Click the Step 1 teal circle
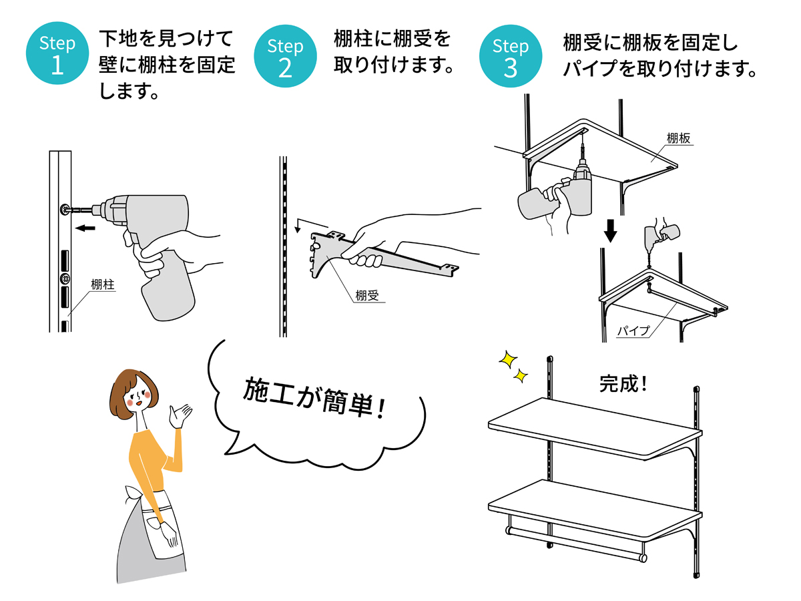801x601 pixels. pos(57,55)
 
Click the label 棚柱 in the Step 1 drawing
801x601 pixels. pos(103,285)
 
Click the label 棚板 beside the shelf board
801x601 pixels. pos(678,138)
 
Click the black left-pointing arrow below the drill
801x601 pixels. pos(85,229)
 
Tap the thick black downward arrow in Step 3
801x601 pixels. pos(610,230)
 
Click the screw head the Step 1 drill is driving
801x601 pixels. pos(65,209)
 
